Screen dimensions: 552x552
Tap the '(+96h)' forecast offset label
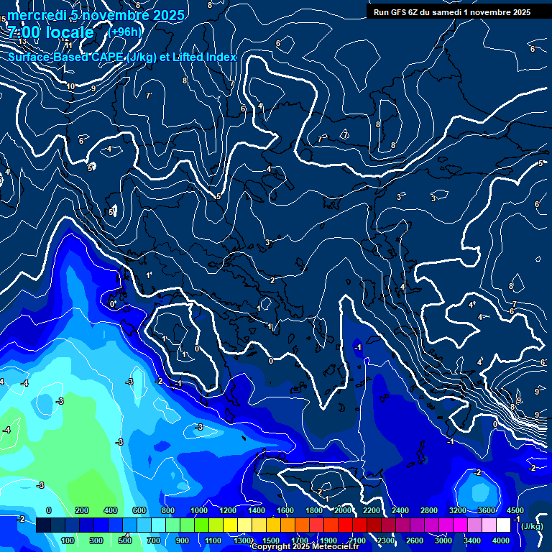pyautogui.click(x=125, y=32)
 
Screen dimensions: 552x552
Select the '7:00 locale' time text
pyautogui.click(x=50, y=32)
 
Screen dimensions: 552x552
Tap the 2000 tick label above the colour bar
pyautogui.click(x=343, y=510)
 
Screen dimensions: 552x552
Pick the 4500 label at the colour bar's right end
pyautogui.click(x=515, y=510)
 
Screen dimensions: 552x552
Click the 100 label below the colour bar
pyautogui.click(x=69, y=540)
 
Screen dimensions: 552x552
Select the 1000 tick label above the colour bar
pyautogui.click(x=199, y=510)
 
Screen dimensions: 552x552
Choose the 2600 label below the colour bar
pyautogui.click(x=415, y=540)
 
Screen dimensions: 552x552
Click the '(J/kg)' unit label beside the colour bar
pyautogui.click(x=532, y=527)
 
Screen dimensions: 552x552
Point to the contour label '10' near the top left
pyautogui.click(x=70, y=87)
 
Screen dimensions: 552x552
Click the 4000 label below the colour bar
pyautogui.click(x=501, y=540)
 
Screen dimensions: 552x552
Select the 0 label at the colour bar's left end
pyautogui.click(x=49, y=510)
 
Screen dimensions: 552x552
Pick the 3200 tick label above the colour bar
pyautogui.click(x=458, y=510)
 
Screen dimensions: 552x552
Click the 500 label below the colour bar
pyautogui.click(x=126, y=540)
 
